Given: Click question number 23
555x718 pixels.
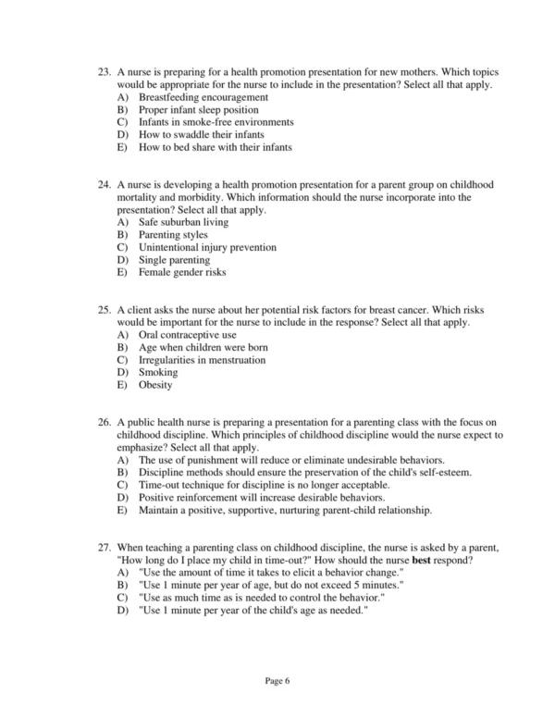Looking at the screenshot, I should [x=104, y=72].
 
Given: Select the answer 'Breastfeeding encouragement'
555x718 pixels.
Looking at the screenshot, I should [x=203, y=97].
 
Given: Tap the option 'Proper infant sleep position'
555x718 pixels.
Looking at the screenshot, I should [x=198, y=109].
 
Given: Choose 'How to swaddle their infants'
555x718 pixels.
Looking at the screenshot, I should [x=194, y=134].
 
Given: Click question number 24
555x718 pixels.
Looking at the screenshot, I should [x=104, y=185].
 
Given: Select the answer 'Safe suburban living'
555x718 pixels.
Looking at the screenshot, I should [x=183, y=223].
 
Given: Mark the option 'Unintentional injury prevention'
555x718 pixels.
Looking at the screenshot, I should [x=207, y=248].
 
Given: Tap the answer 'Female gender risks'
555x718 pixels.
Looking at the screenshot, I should [x=182, y=273].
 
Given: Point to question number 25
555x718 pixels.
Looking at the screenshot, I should [x=104, y=310].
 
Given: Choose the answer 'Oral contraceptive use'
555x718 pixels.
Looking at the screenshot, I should [x=188, y=335].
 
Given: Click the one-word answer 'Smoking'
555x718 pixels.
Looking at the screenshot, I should [x=157, y=373].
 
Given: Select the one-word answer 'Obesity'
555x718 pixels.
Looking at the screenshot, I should [x=155, y=385].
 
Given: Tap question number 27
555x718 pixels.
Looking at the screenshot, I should [x=104, y=548].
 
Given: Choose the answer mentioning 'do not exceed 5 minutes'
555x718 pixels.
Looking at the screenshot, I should [x=271, y=586].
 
